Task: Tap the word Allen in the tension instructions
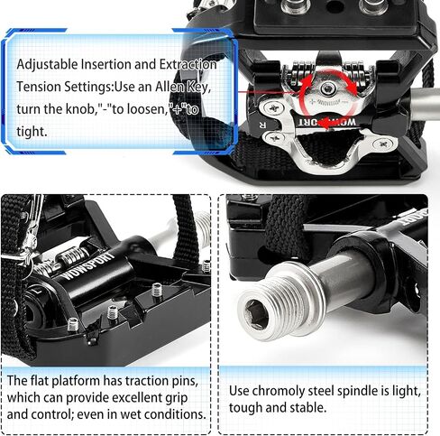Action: tap(170, 87)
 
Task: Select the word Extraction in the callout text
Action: tap(188, 64)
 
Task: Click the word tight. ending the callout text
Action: tap(32, 132)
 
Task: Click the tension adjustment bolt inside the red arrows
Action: tap(327, 88)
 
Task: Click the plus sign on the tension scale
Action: tap(312, 101)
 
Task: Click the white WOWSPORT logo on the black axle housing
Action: tap(89, 265)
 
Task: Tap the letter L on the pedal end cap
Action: tap(37, 292)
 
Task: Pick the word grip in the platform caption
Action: tap(176, 398)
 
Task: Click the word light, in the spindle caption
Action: tap(406, 392)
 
